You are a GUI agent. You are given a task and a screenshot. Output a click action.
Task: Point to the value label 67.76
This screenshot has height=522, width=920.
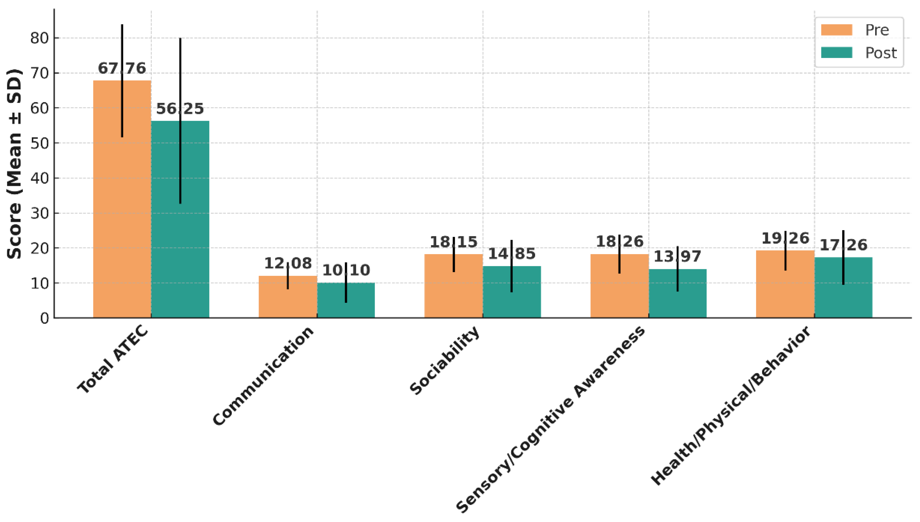point(122,68)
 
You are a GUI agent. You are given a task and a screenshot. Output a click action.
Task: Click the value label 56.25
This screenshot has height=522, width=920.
point(180,109)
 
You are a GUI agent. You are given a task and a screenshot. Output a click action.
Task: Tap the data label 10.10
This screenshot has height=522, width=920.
point(346,270)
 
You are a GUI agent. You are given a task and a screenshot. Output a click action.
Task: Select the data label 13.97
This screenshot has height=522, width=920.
point(677,257)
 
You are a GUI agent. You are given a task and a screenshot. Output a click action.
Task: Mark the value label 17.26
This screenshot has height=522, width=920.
point(843,245)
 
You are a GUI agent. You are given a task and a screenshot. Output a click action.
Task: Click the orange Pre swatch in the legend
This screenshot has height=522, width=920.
point(836,30)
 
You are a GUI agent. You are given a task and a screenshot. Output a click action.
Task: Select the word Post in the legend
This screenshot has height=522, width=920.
point(881,53)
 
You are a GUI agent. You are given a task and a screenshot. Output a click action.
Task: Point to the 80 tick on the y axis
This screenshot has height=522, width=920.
point(39,38)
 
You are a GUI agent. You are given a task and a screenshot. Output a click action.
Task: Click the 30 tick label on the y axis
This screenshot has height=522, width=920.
point(39,213)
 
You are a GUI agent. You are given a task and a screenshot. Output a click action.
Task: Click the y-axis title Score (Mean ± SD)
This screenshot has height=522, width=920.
point(14,164)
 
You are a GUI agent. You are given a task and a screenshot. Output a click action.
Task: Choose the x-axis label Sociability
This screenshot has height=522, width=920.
point(445,360)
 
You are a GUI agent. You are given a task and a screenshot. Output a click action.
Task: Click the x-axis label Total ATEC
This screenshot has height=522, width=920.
point(113,359)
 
